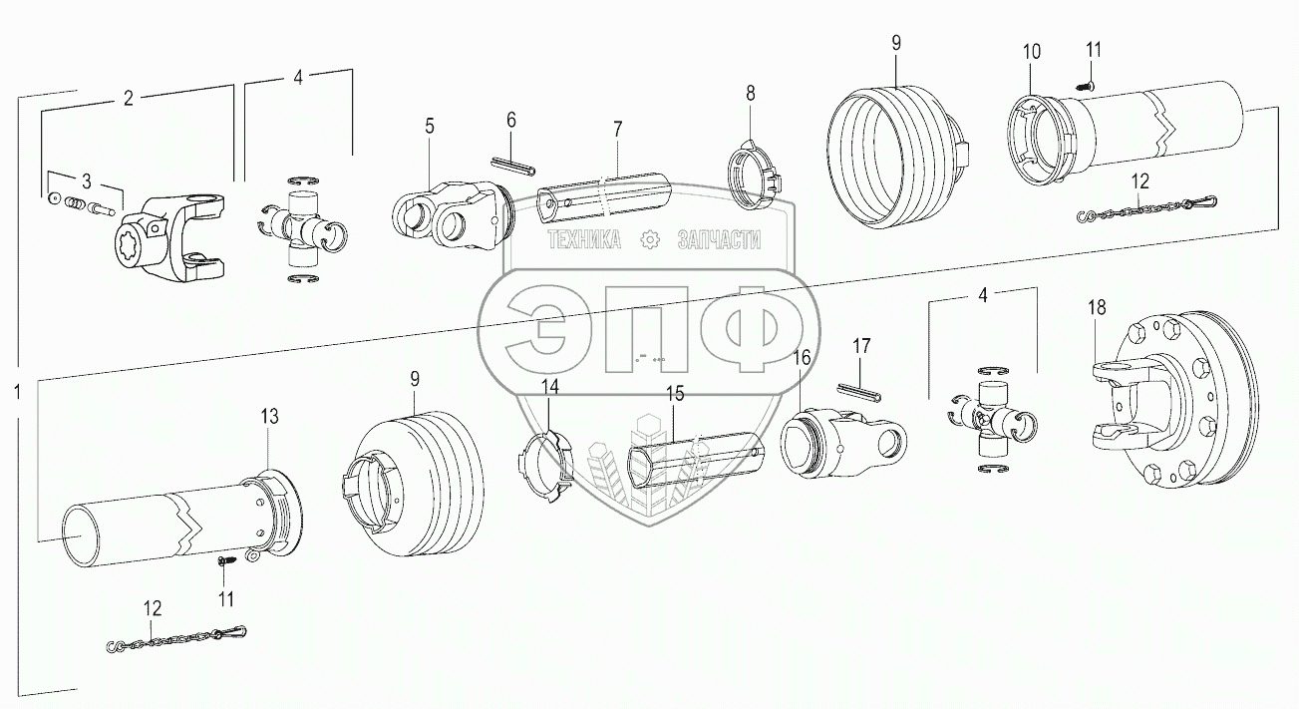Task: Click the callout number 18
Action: point(1097,308)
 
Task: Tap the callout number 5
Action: point(429,126)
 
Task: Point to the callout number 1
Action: point(17,392)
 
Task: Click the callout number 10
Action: point(1031,51)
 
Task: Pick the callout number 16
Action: point(801,357)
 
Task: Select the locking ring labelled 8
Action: point(756,168)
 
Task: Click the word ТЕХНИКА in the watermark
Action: point(582,239)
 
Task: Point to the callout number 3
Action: point(87,180)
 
